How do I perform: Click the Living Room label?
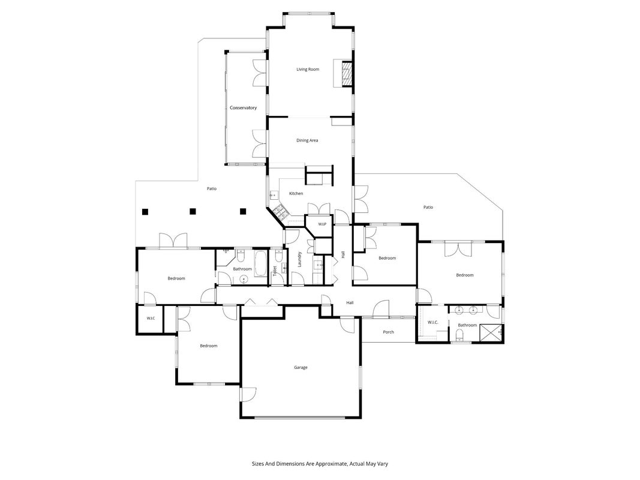tap(308, 70)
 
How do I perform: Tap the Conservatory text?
tap(244, 108)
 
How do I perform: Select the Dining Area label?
tap(307, 140)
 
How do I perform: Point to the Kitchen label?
tap(296, 193)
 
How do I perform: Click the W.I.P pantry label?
tap(322, 224)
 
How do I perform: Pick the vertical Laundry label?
tap(299, 260)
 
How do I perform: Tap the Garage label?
tap(301, 367)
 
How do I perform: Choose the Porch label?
tap(389, 332)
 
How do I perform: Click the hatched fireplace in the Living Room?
tap(347, 73)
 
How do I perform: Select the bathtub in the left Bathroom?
tap(261, 263)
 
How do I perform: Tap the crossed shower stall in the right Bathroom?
tap(491, 332)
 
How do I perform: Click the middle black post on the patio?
tap(193, 211)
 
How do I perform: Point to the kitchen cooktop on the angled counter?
tap(281, 212)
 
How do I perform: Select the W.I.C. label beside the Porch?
tap(432, 322)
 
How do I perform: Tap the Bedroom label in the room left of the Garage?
tap(209, 346)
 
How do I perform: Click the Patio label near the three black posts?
tap(211, 188)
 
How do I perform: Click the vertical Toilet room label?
tap(275, 270)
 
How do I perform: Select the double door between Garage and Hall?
tap(262, 302)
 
